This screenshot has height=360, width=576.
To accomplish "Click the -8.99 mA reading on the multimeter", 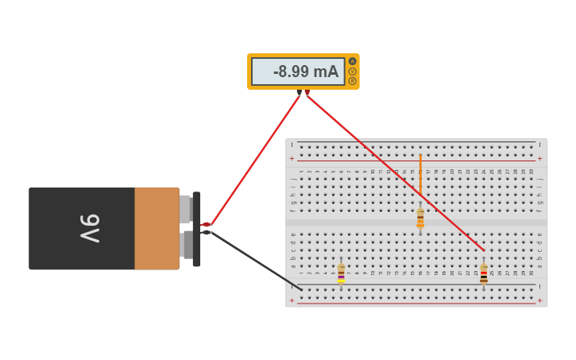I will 305,72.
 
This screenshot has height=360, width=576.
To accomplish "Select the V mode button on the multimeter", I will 353,72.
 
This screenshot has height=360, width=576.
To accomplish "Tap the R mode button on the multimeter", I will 353,81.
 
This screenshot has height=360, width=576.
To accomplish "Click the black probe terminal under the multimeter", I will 299,92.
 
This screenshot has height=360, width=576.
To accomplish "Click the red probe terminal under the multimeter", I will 307,92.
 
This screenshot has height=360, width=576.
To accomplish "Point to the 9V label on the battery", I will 89,228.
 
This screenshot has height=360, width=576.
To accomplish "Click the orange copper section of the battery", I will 157,228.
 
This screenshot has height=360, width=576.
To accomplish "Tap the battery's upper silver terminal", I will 185,209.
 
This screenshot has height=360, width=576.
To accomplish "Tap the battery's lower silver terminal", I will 186,245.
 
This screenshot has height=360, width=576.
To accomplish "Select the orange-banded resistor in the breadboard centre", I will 420,219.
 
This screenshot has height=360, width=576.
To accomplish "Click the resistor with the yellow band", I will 341,274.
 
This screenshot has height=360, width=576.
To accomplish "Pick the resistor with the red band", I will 484,274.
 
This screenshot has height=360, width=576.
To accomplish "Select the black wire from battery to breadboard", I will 254,259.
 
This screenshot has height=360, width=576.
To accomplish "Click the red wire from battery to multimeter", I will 254,160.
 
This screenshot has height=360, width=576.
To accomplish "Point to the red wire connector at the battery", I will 206,225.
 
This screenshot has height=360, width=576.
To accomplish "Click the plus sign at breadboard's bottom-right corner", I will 539,300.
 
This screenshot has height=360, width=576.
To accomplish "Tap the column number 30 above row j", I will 532,172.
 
